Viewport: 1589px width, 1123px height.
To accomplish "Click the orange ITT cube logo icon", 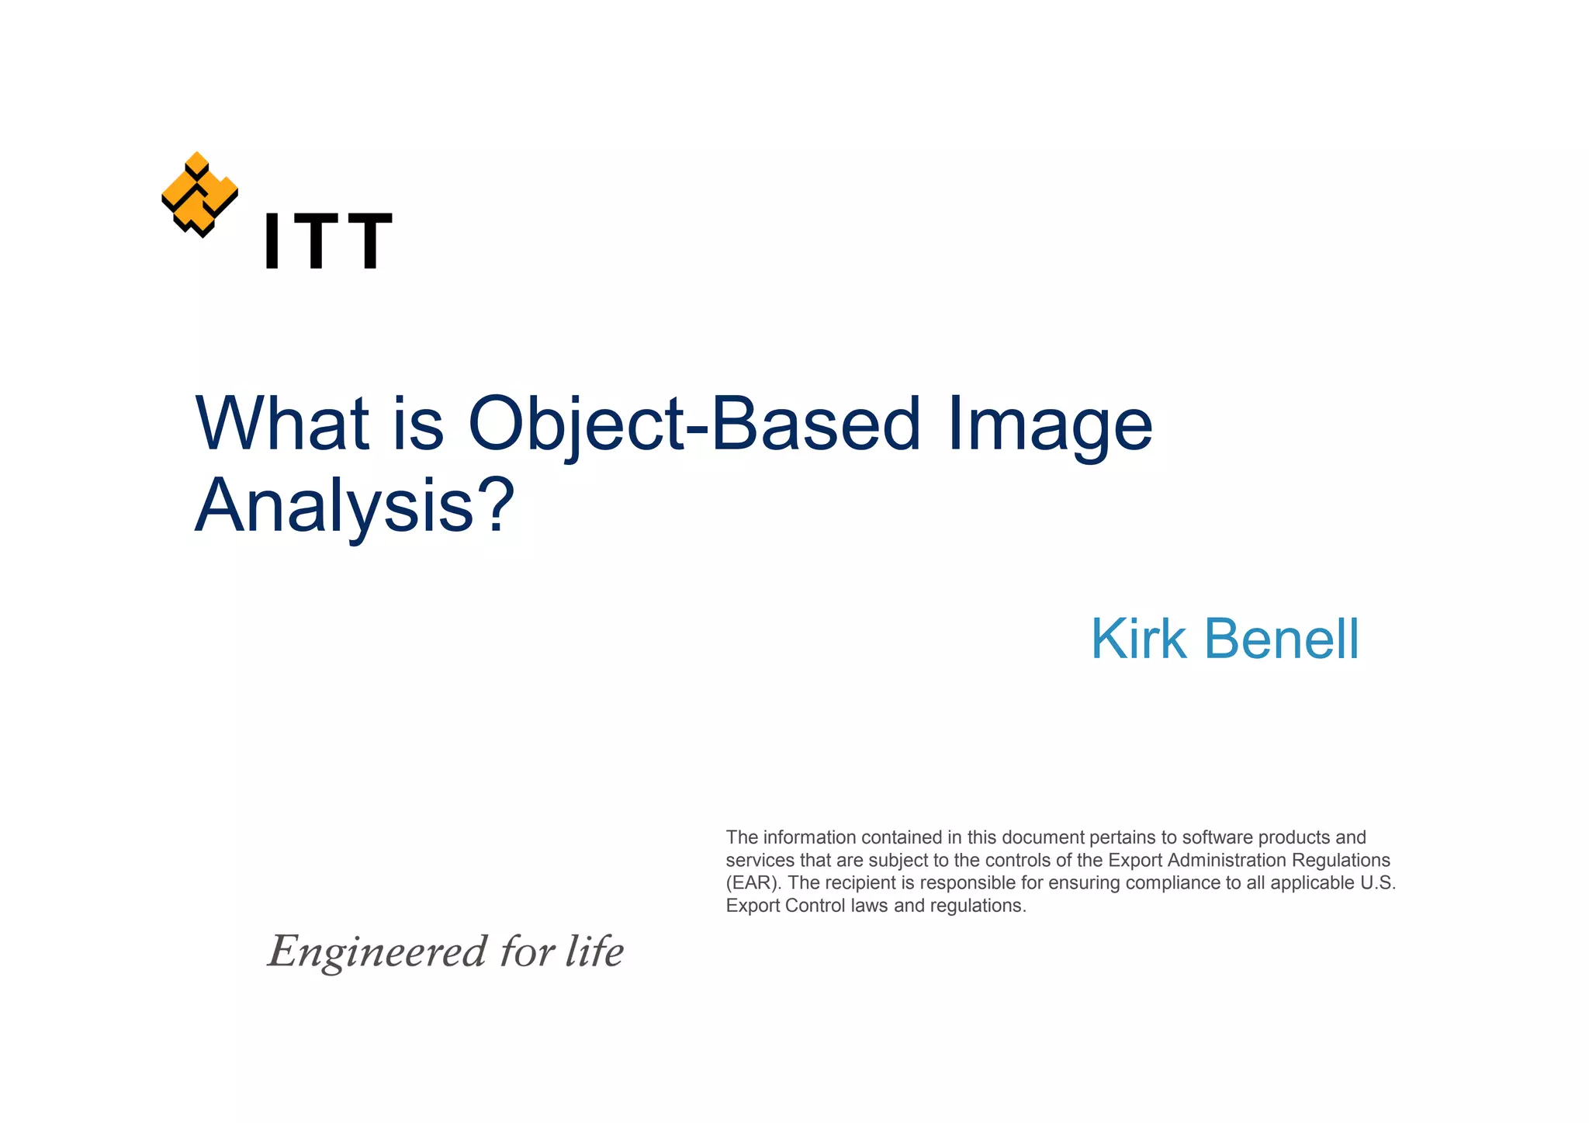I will (x=199, y=194).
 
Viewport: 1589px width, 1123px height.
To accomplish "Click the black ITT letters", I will (x=328, y=241).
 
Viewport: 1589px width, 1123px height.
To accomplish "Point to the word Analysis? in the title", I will (x=354, y=506).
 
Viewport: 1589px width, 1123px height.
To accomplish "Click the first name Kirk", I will (x=1138, y=639).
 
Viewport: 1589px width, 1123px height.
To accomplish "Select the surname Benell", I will (x=1281, y=639).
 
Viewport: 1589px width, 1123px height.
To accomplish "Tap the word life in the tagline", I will (x=594, y=951).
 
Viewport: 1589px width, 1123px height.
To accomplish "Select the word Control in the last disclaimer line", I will (x=815, y=906).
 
